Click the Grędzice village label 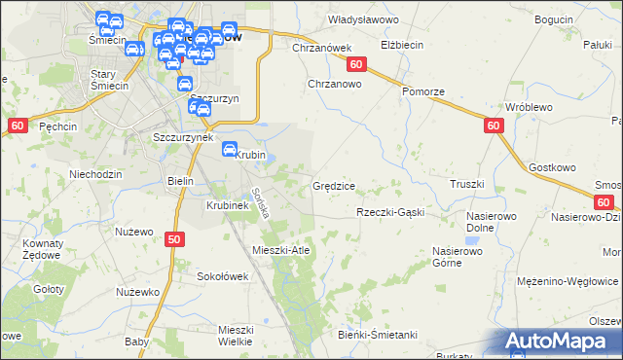point(333,185)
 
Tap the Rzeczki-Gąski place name point(390,212)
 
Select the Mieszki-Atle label point(280,250)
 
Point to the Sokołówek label point(224,276)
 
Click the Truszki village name point(466,184)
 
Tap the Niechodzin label point(94,174)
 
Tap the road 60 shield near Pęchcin point(18,126)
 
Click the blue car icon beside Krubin point(230,150)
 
